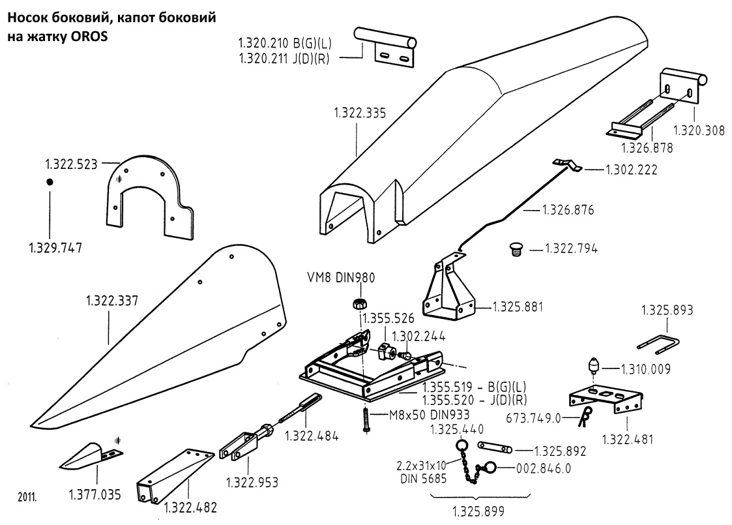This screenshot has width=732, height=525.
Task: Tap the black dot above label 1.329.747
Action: click(49, 182)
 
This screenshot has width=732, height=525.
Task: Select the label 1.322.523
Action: click(71, 164)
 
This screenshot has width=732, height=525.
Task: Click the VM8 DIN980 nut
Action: click(358, 303)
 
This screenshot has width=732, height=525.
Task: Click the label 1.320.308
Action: click(697, 129)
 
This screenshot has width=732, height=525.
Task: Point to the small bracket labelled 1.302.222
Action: click(568, 166)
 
